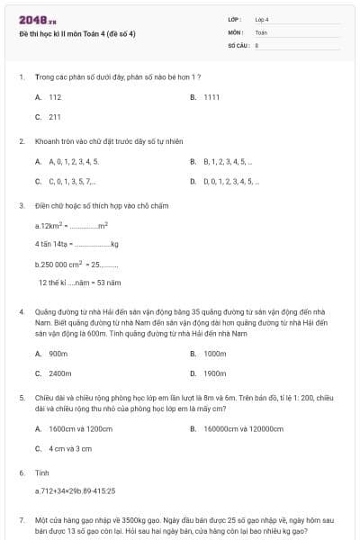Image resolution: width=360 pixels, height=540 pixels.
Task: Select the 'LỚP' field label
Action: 236,19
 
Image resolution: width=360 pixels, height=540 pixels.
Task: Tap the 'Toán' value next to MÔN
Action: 261,31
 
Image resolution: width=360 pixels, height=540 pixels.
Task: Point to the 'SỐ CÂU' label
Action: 238,44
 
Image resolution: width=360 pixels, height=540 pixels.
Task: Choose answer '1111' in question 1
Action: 212,96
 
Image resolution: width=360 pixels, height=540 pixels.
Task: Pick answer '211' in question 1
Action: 55,116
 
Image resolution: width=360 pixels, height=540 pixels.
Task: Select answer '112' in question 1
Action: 55,96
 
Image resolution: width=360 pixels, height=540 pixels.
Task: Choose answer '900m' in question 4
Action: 58,354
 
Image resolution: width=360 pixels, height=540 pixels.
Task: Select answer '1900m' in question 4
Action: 214,373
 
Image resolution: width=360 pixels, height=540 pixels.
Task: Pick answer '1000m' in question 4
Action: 214,354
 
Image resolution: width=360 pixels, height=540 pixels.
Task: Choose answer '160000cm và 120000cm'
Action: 238,428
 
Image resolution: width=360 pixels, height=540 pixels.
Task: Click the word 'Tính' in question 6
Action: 41,472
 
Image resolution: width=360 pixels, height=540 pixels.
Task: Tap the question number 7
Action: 21,519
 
